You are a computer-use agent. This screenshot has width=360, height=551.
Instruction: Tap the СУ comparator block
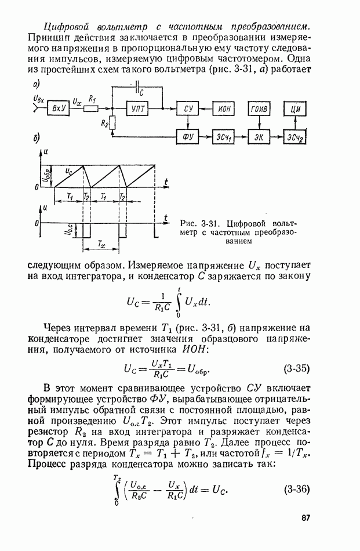(188, 108)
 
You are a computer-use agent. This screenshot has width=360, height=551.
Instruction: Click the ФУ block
(188, 136)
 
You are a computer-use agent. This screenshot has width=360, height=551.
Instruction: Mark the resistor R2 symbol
(112, 123)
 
